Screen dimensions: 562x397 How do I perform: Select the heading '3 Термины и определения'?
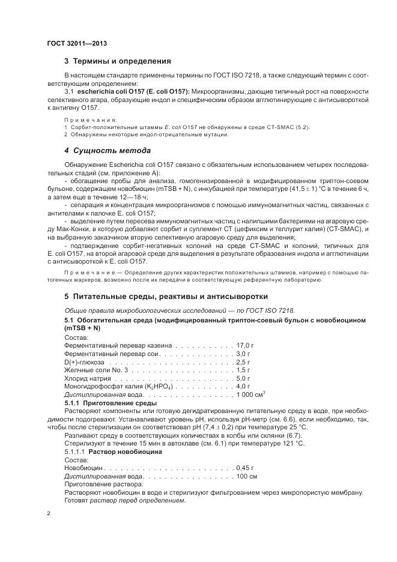tap(118, 61)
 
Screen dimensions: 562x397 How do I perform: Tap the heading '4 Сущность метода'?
tap(107, 150)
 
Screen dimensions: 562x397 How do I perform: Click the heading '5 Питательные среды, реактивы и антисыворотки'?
tap(166, 296)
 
